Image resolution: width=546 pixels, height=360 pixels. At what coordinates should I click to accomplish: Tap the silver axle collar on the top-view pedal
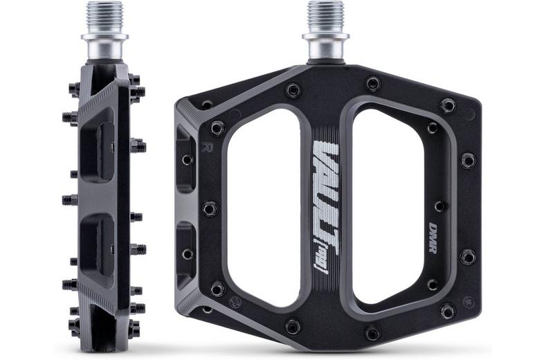[x=325, y=46]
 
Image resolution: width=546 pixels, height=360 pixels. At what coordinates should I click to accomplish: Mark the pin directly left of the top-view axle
[x=293, y=90]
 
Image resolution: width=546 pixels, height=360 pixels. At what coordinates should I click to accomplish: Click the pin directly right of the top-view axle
[x=373, y=84]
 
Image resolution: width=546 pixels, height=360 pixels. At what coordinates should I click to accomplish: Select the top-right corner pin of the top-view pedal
[x=448, y=106]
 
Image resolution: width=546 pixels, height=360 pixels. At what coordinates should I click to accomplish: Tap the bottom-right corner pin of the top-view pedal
[x=448, y=311]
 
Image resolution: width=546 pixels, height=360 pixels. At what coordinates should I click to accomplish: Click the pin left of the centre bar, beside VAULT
[x=210, y=208]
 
